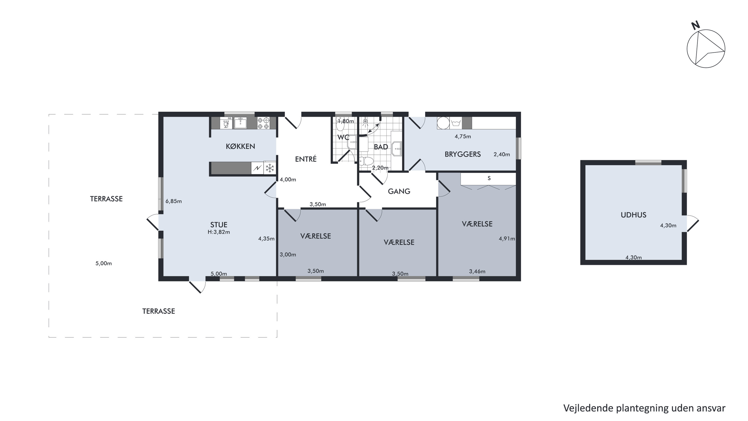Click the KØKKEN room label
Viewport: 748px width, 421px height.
240,146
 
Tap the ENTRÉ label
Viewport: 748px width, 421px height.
306,159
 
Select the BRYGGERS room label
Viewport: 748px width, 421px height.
463,154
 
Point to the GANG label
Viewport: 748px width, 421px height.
399,191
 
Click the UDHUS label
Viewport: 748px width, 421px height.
633,215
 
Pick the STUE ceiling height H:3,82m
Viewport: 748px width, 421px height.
219,232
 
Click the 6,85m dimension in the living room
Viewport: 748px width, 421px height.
174,201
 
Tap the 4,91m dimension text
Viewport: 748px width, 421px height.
507,239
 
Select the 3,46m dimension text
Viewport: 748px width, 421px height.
477,271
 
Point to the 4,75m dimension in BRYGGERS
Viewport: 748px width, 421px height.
463,136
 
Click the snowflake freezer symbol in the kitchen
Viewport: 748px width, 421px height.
270,168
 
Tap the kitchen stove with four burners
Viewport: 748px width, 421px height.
263,123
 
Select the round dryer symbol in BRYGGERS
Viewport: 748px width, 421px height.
443,123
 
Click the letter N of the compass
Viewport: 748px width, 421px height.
695,25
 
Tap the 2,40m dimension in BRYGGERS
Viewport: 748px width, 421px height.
502,154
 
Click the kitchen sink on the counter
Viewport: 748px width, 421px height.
240,123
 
